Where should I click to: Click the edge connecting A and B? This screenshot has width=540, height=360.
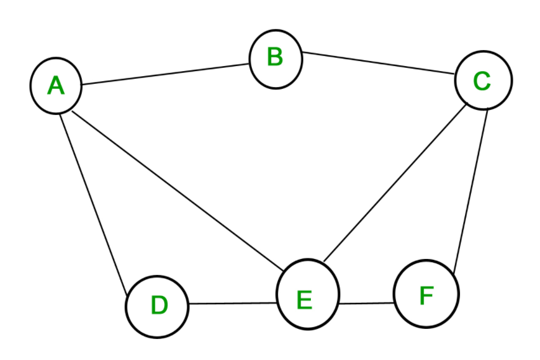tap(166, 74)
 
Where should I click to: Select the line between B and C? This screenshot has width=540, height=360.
tap(379, 63)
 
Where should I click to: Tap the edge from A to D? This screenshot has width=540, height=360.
tap(94, 204)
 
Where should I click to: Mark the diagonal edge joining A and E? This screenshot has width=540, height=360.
tap(178, 191)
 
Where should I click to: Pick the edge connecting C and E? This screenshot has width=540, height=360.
tap(395, 183)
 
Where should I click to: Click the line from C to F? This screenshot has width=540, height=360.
tap(471, 192)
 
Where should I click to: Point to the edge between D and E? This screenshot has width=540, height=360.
tap(233, 303)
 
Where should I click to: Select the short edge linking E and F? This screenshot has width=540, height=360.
tap(366, 303)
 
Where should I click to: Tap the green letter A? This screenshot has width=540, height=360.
tap(56, 86)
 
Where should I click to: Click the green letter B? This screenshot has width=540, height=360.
tap(275, 57)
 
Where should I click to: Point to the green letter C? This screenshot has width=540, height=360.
tap(482, 81)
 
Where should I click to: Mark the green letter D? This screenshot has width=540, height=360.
tap(159, 305)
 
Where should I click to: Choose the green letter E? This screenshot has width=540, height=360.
tap(305, 300)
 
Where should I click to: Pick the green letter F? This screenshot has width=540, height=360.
tap(426, 295)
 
